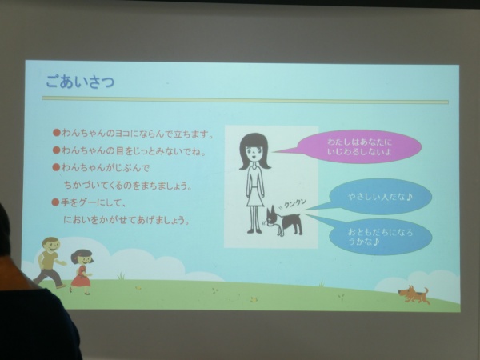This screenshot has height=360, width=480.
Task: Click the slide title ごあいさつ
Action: [80, 82]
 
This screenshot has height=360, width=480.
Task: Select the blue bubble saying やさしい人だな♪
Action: [379, 197]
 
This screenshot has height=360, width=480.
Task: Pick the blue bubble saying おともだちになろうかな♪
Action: [380, 237]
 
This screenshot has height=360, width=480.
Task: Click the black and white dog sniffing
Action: [283, 222]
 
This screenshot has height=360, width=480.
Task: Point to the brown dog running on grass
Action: [414, 294]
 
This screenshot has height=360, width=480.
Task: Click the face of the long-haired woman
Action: [254, 150]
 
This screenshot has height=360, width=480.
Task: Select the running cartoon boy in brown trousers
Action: [50, 262]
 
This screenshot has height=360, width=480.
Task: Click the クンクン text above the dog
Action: [294, 203]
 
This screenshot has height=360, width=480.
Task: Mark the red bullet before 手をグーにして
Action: [55, 202]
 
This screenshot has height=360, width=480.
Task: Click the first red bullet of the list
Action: [56, 133]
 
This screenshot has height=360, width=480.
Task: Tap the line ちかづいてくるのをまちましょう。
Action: [128, 186]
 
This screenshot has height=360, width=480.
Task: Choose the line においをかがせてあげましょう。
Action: [126, 220]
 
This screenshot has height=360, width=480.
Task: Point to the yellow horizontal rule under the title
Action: [245, 100]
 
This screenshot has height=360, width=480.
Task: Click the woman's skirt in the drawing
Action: [255, 196]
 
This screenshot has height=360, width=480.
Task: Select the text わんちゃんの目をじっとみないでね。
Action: [134, 150]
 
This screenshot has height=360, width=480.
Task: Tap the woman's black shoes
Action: [254, 230]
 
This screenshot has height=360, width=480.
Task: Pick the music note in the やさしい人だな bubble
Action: [409, 197]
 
